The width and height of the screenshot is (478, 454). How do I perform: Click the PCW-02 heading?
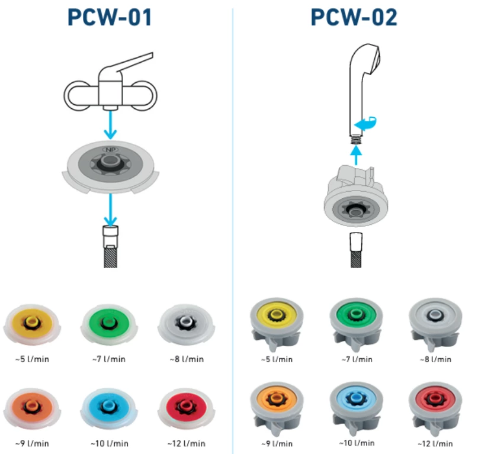click(x=354, y=18)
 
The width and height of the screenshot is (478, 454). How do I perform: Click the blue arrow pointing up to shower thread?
click(x=355, y=156)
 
